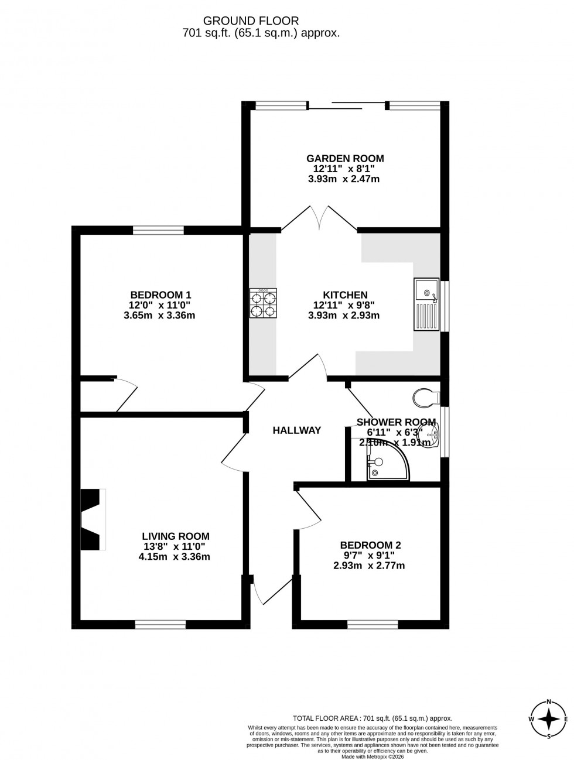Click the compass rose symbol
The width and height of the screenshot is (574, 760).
click(x=549, y=719)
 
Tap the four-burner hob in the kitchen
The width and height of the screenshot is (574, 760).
click(x=263, y=303)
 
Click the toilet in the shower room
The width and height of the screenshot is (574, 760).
click(x=426, y=398)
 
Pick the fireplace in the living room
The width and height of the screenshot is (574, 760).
click(x=93, y=519)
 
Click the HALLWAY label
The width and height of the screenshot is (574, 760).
click(x=297, y=430)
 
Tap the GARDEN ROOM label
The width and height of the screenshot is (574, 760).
click(x=345, y=158)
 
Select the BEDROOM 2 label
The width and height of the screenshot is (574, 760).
click(x=370, y=545)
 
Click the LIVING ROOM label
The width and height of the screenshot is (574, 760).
click(x=176, y=536)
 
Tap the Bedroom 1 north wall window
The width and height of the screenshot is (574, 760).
click(x=158, y=230)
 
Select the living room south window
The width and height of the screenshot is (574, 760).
click(x=160, y=625)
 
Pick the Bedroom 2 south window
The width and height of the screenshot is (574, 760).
click(x=373, y=625)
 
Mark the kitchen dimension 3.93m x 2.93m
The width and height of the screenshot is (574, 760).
click(x=344, y=316)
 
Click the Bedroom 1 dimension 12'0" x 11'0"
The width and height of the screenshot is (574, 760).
click(x=160, y=305)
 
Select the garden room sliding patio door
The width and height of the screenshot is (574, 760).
click(x=346, y=106)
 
